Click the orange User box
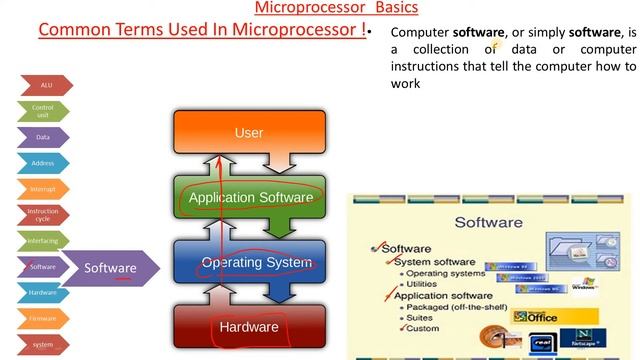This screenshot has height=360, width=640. (249, 133)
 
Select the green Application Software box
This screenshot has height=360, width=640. (250, 198)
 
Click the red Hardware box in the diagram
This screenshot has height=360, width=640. (250, 327)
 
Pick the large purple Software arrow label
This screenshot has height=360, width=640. (110, 268)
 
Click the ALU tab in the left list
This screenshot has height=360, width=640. (44, 86)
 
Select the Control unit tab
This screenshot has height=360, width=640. (43, 112)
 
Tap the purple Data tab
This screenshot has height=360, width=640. (43, 137)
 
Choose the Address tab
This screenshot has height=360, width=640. (43, 163)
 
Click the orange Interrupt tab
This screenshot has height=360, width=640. (43, 189)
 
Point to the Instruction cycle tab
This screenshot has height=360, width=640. (43, 215)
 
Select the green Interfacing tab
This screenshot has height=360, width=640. (43, 241)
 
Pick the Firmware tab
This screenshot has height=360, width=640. (43, 319)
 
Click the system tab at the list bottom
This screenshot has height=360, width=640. (43, 345)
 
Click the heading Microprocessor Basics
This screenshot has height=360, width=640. (322, 8)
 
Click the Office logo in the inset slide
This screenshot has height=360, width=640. (541, 317)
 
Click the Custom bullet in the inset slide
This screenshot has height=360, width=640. (422, 328)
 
